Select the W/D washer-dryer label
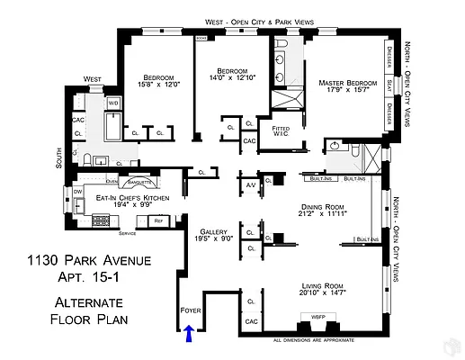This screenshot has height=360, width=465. coord(113,103)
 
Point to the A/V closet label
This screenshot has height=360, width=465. coord(250,184)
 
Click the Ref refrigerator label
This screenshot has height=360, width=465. coord(158,220)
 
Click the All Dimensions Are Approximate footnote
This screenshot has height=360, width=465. coord(311,340)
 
